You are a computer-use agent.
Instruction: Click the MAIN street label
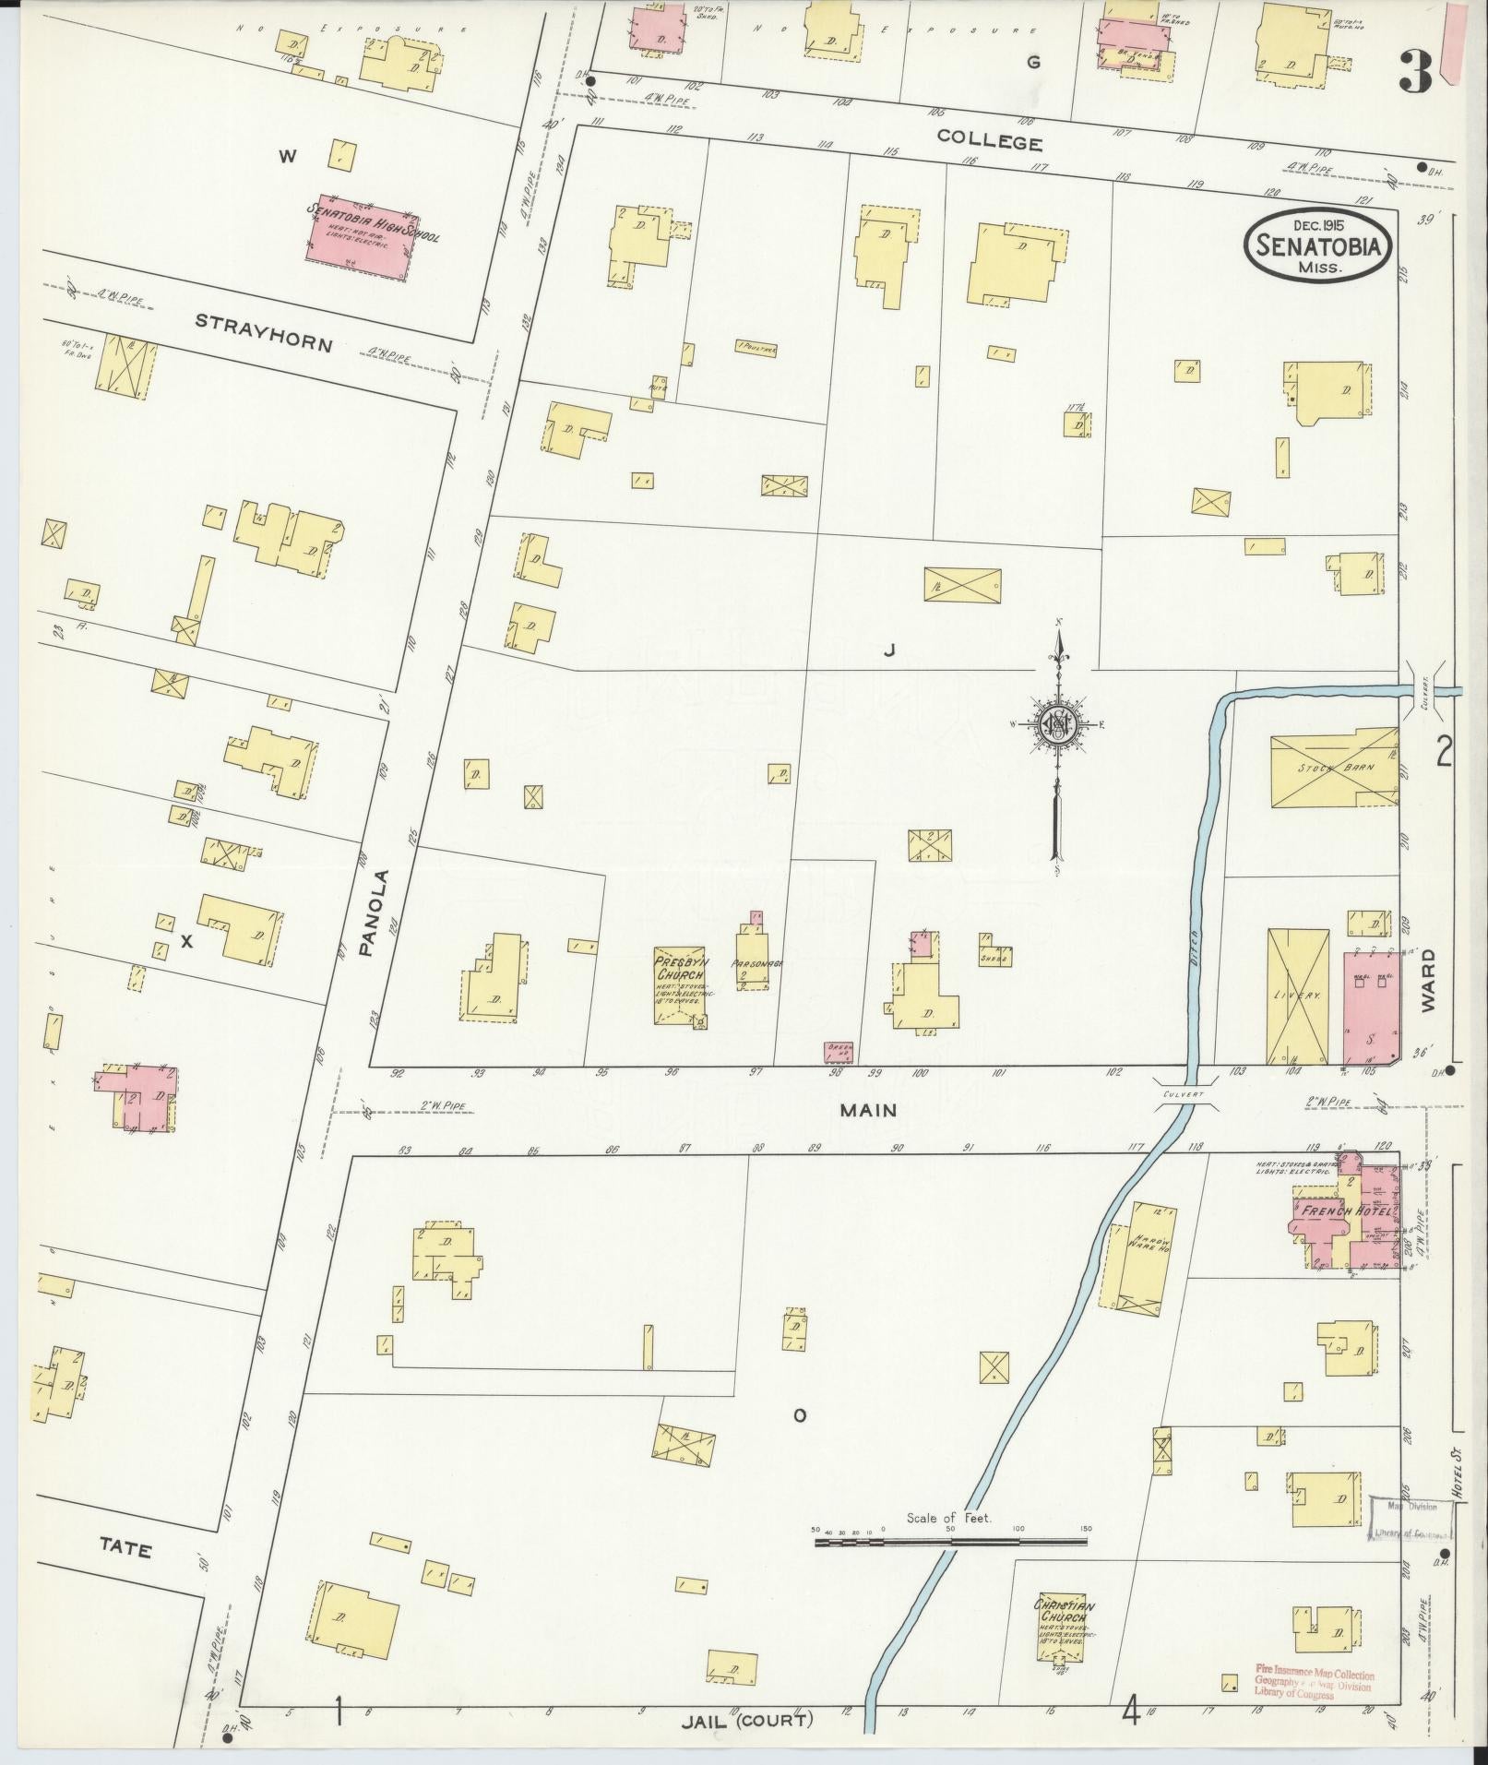[x=867, y=1110]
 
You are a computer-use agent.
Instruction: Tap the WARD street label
[x=1429, y=981]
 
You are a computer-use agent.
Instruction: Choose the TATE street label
[x=125, y=1550]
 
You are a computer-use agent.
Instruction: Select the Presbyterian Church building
[x=681, y=984]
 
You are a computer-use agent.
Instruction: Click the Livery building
[x=1296, y=996]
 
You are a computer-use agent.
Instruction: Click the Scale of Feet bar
[x=950, y=1541]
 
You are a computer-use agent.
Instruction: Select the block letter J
[x=889, y=650]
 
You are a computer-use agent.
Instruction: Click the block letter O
[x=800, y=1441]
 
